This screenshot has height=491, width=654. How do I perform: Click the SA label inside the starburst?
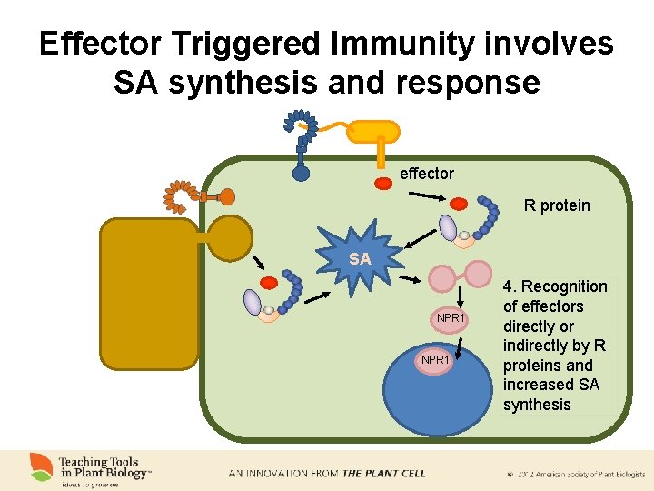coord(360,259)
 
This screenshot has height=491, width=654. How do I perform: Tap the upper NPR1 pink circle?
coord(451,318)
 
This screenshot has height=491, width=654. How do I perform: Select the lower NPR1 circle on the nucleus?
coord(434,360)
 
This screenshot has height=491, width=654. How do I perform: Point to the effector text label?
coord(427,174)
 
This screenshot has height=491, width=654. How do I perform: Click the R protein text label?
coord(557,205)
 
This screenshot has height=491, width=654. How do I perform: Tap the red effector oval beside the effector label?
coord(383,183)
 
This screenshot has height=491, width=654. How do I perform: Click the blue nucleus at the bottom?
coord(437,400)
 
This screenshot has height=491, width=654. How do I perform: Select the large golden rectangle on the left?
coord(149,294)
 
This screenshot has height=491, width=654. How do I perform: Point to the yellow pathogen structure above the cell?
coord(374,132)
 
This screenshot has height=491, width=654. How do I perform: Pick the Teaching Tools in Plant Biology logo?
coord(91,469)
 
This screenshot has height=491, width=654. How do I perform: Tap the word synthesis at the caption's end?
coord(537,405)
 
